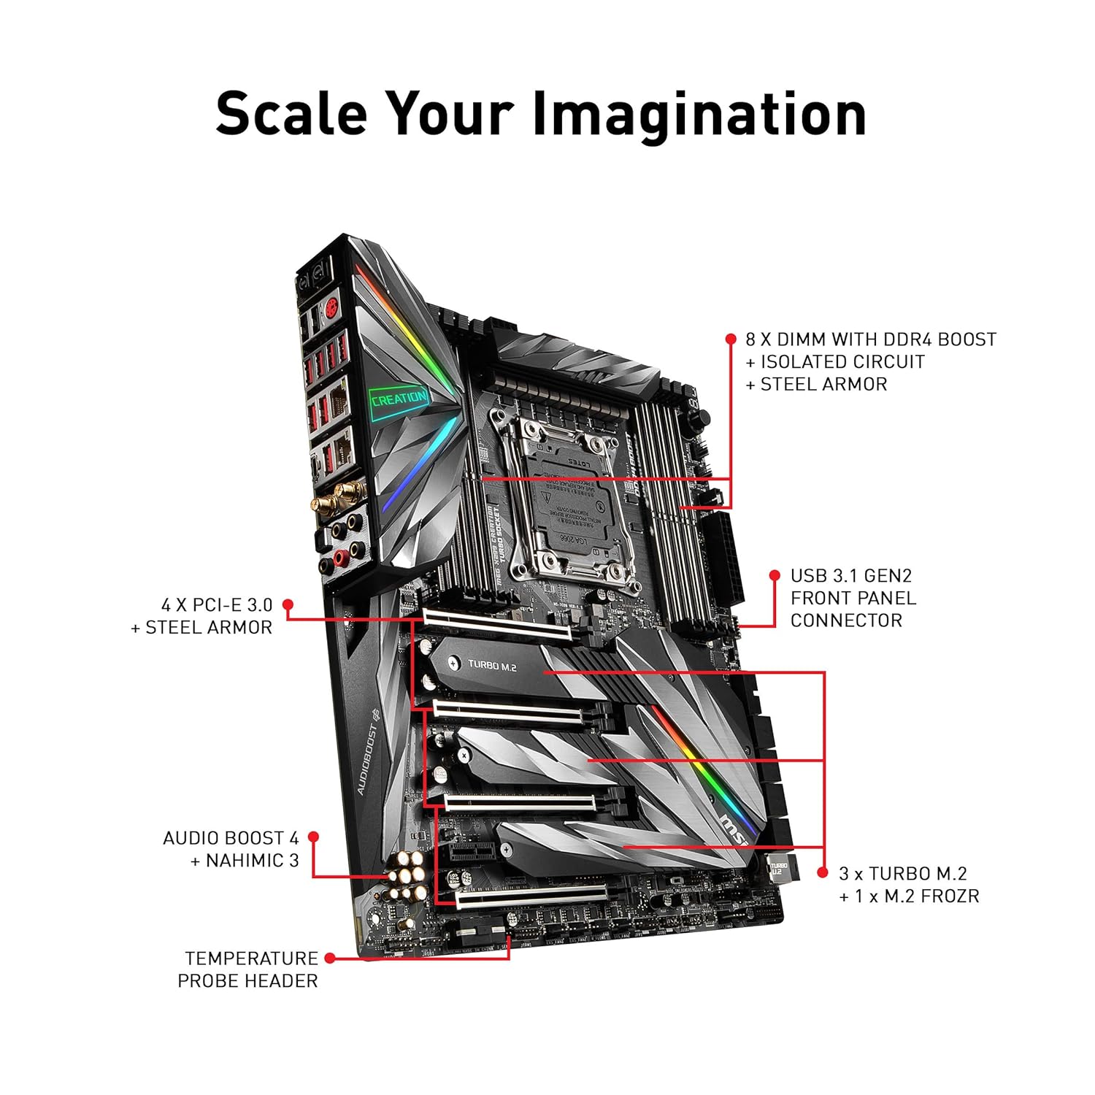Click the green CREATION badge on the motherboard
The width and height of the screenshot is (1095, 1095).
(x=399, y=399)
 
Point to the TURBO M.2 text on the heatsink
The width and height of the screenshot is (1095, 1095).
(x=493, y=665)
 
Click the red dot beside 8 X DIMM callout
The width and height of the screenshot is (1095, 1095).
(x=731, y=339)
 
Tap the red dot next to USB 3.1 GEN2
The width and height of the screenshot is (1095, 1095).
(x=775, y=575)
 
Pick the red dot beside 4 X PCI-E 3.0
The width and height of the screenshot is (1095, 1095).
(x=288, y=604)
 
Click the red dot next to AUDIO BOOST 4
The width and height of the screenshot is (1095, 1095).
(x=314, y=837)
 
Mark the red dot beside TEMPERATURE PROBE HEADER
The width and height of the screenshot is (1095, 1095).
(x=330, y=958)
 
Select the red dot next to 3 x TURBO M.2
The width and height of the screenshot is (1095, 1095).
(x=823, y=873)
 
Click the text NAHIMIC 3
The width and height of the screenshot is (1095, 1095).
(x=253, y=861)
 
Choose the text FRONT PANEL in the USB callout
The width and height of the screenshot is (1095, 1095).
(x=853, y=598)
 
